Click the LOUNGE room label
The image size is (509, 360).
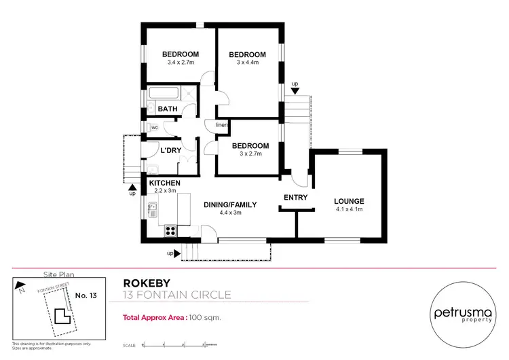click(x=349, y=201)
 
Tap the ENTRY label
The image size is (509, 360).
click(x=296, y=198)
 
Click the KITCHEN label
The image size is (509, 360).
click(x=164, y=183)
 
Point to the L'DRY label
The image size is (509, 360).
click(x=170, y=149)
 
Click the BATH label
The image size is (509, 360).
click(x=168, y=109)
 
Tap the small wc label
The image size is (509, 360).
click(x=155, y=128)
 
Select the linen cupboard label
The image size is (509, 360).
click(x=221, y=126)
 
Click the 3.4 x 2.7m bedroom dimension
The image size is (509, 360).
click(x=181, y=62)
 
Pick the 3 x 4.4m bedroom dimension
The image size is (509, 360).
click(x=247, y=62)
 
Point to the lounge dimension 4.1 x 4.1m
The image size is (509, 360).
click(x=349, y=209)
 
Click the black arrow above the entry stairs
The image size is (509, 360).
click(x=294, y=91)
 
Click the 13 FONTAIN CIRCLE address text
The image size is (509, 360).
click(x=177, y=295)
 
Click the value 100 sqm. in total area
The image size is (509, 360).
click(x=205, y=317)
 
